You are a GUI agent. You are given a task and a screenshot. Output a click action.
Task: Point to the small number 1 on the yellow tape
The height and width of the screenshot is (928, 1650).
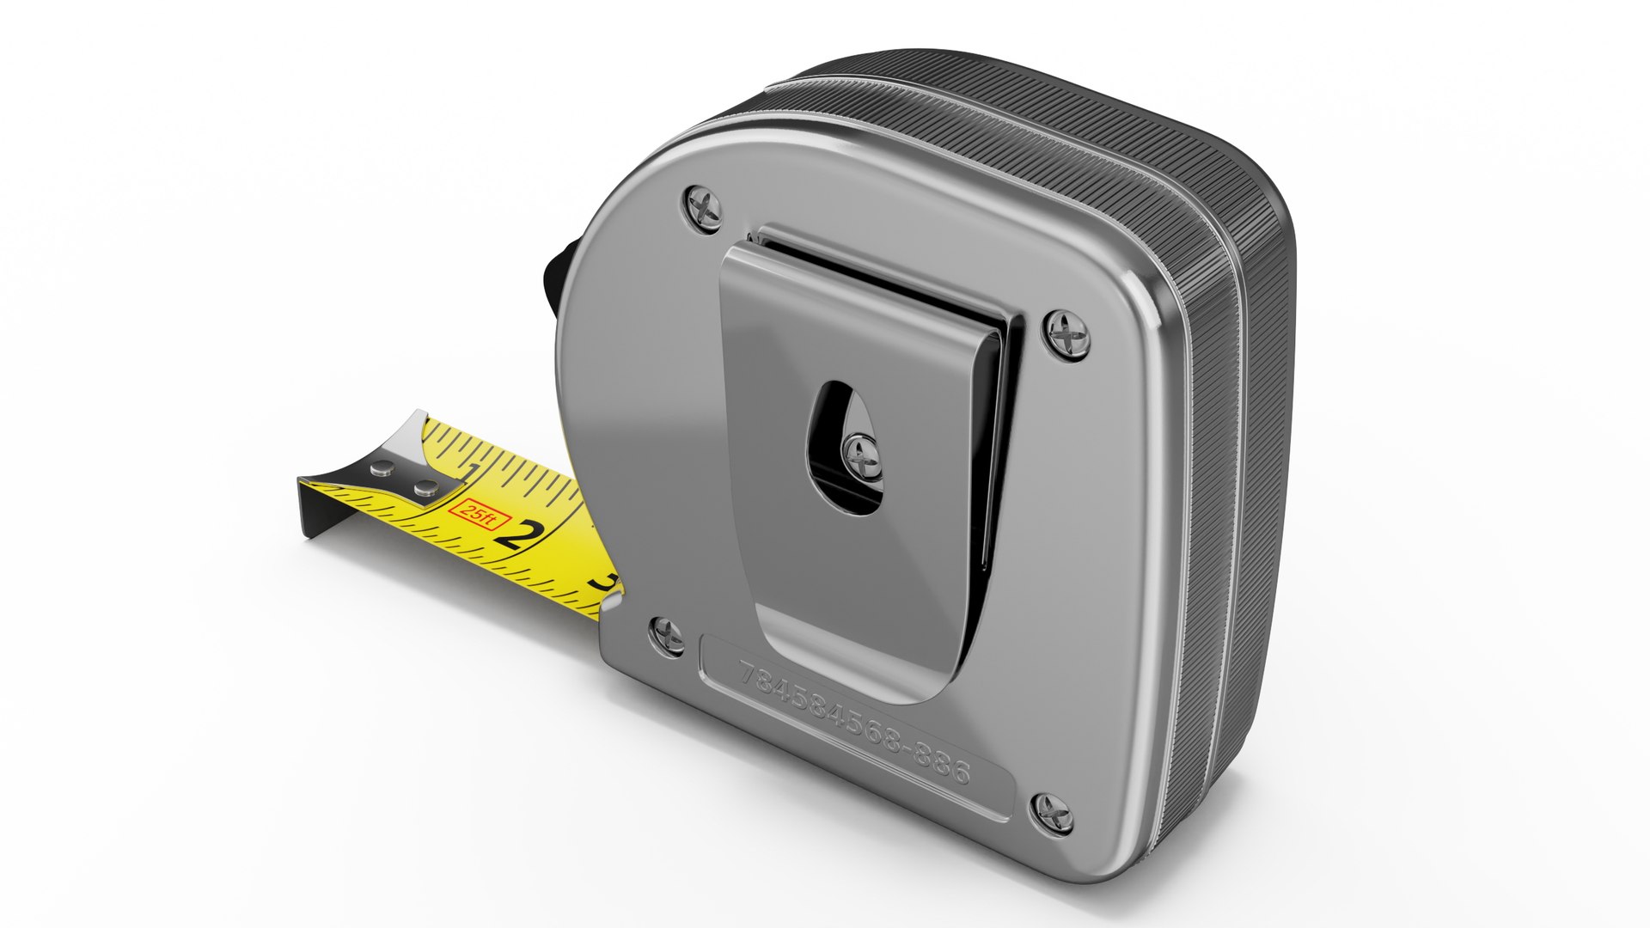(x=470, y=472)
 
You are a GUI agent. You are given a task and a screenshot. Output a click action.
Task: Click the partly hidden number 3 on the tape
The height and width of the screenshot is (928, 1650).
(x=604, y=582)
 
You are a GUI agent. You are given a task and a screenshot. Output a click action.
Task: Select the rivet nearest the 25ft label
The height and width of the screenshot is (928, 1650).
(x=425, y=490)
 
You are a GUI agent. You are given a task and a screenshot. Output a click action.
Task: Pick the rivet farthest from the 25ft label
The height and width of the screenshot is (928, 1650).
(x=382, y=468)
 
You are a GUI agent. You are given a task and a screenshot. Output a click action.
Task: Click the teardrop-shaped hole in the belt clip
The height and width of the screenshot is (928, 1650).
(x=838, y=430)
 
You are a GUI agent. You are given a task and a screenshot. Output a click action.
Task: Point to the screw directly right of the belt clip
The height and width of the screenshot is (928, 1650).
(x=1068, y=333)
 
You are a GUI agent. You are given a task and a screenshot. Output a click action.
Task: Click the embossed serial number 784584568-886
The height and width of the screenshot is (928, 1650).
(x=854, y=721)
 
